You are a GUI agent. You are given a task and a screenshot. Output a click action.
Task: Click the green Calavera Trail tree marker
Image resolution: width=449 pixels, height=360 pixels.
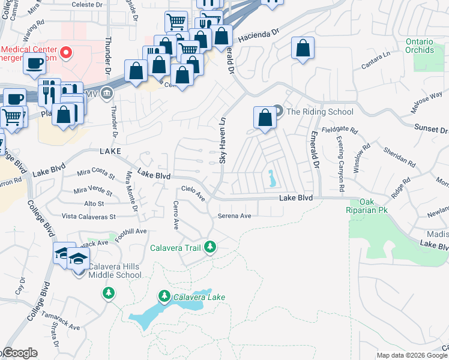click(x=209, y=247)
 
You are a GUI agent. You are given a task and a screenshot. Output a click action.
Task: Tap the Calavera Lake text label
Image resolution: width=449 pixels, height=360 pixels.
click(x=191, y=297)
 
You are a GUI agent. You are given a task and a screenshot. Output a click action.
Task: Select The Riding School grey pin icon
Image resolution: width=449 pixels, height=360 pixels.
click(x=277, y=111)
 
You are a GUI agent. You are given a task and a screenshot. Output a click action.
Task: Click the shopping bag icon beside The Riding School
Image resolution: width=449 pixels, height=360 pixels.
click(x=265, y=118)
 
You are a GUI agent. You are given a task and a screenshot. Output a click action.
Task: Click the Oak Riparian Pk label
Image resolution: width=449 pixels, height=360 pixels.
click(x=366, y=207)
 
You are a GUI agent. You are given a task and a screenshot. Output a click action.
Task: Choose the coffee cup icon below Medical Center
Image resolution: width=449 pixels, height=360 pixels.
click(x=36, y=62)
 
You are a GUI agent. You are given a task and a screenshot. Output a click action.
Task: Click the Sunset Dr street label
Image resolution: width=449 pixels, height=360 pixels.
click(x=431, y=129)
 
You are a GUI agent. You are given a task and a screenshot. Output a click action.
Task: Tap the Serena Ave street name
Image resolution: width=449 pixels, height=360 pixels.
click(x=234, y=216)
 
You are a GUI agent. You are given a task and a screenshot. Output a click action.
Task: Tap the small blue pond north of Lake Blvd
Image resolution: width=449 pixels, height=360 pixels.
click(x=271, y=178)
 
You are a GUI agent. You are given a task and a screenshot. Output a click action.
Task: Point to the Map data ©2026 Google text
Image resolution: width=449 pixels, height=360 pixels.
click(x=411, y=355)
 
